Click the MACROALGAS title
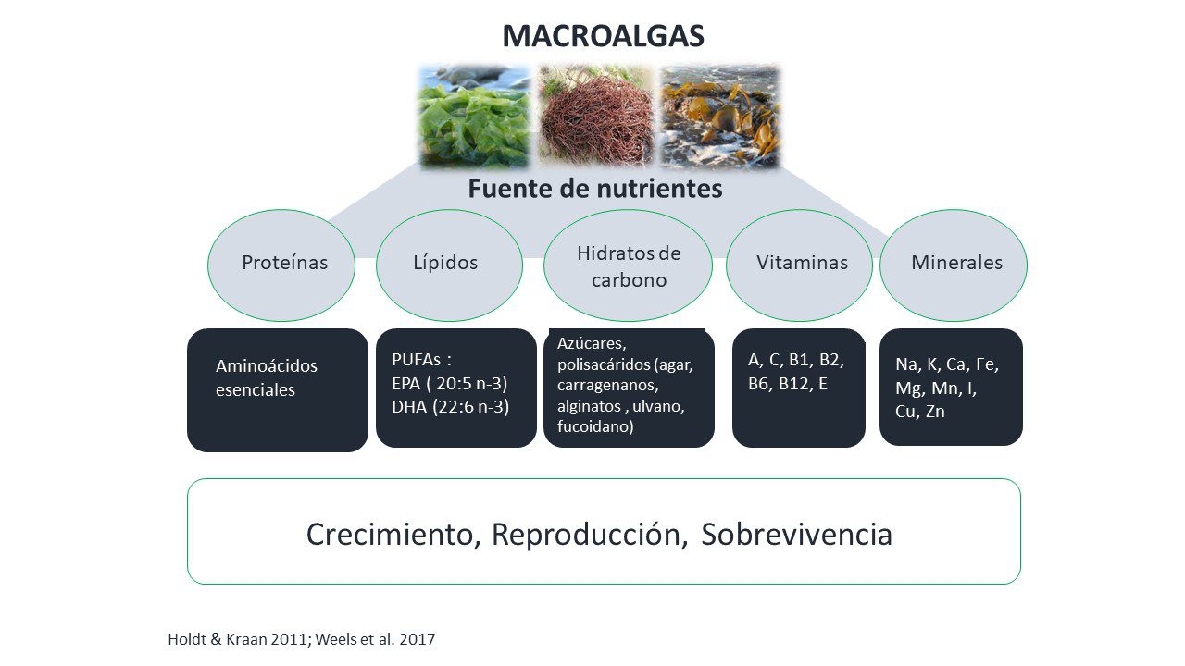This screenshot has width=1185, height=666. click(603, 36)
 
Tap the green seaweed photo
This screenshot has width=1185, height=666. click(475, 117)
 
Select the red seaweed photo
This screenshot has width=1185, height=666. click(597, 117)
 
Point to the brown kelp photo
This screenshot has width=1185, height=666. click(720, 117)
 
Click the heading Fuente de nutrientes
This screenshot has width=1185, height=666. click(595, 189)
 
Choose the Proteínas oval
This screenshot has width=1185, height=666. click(281, 265)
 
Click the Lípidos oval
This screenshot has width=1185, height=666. click(449, 265)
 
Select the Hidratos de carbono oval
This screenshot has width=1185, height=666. click(628, 265)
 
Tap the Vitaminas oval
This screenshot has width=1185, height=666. click(799, 265)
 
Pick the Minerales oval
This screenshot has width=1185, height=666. click(954, 265)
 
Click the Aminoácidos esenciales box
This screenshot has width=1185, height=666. click(278, 390)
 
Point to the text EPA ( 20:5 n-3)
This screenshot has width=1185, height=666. click(450, 383)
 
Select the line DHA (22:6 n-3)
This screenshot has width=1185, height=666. click(451, 407)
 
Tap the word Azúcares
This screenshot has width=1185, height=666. click(592, 343)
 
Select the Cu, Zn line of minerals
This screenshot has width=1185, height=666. click(920, 412)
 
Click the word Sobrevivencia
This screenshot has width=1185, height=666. click(797, 535)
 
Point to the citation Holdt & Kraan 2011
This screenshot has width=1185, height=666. click(236, 639)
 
